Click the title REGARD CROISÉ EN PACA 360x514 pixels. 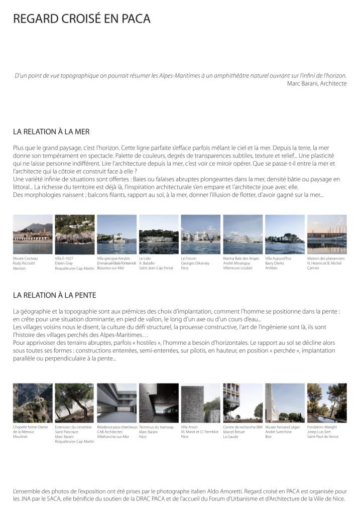pyautogui.click(x=82, y=19)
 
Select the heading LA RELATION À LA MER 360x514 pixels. pyautogui.click(x=51, y=132)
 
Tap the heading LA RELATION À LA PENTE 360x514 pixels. pyautogui.click(x=54, y=295)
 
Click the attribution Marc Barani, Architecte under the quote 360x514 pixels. pyautogui.click(x=316, y=83)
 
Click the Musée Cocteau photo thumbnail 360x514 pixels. pyautogui.click(x=33, y=234)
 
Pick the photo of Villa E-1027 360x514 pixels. pyautogui.click(x=74, y=234)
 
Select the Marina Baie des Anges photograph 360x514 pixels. pyautogui.click(x=243, y=234)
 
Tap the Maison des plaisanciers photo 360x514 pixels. pyautogui.click(x=327, y=234)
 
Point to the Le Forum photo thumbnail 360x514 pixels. pyautogui.click(x=200, y=234)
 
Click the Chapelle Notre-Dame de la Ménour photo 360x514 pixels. pyautogui.click(x=33, y=403)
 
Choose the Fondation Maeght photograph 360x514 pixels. pyautogui.click(x=327, y=403)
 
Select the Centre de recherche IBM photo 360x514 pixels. pyautogui.click(x=243, y=403)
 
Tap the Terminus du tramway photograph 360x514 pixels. pyautogui.click(x=158, y=403)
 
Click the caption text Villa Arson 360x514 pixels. pyautogui.click(x=189, y=427)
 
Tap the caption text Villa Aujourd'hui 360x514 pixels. pyautogui.click(x=278, y=259)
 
